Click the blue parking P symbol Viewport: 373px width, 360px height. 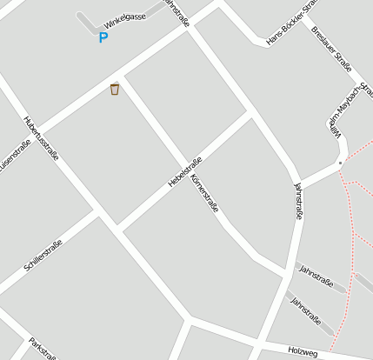[x=103, y=37]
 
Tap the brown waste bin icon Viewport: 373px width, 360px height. [x=115, y=89]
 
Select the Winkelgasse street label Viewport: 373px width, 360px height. [x=124, y=17]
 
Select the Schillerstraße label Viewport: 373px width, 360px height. [x=43, y=256]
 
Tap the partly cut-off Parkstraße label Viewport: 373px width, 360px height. [x=43, y=348]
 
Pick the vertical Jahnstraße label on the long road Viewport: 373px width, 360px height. [x=298, y=201]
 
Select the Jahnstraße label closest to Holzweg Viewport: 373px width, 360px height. [x=306, y=312]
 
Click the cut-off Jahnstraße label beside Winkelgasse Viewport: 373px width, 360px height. [x=176, y=14]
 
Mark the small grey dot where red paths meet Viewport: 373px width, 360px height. [x=341, y=162]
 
